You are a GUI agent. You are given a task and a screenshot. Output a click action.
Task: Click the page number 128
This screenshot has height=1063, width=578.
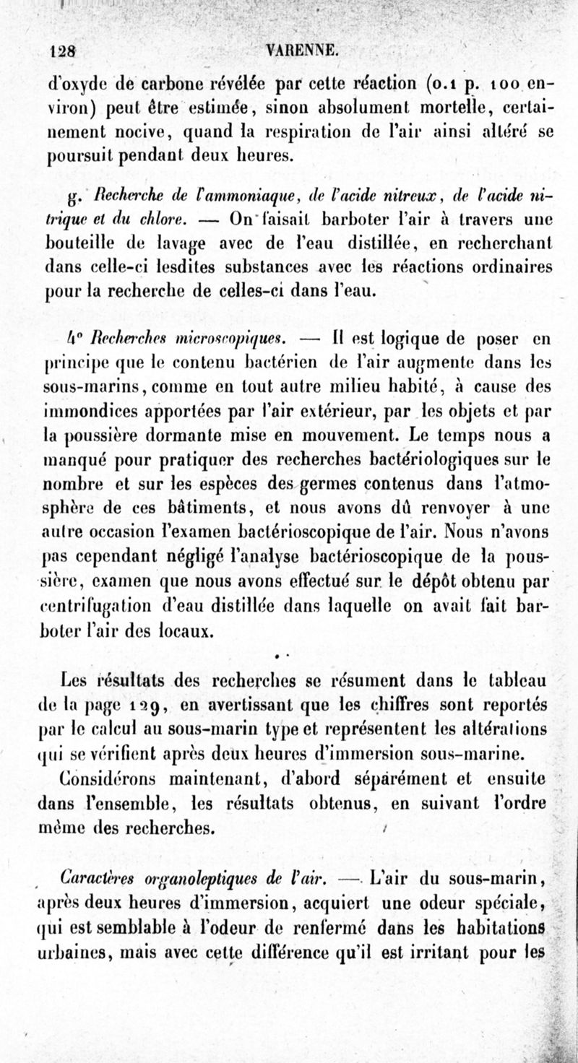click(64, 52)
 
